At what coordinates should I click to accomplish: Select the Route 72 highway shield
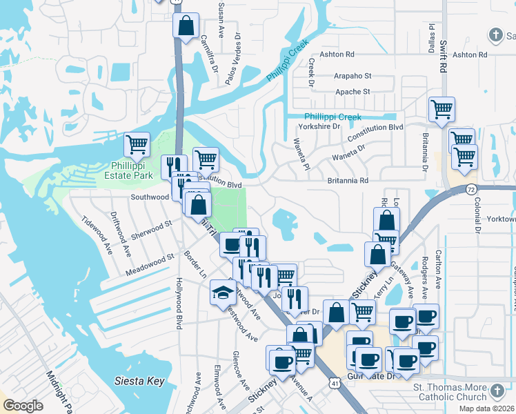(471, 188)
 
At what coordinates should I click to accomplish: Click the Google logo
(23, 406)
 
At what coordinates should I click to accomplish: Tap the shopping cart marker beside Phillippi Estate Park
(137, 145)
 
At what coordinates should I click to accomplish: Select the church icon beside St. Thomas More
(497, 393)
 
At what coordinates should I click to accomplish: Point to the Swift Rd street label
(441, 55)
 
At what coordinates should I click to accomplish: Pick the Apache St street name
(353, 92)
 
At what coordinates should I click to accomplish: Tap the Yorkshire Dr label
(319, 127)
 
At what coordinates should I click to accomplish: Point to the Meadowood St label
(150, 264)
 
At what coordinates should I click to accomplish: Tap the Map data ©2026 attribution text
(486, 408)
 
